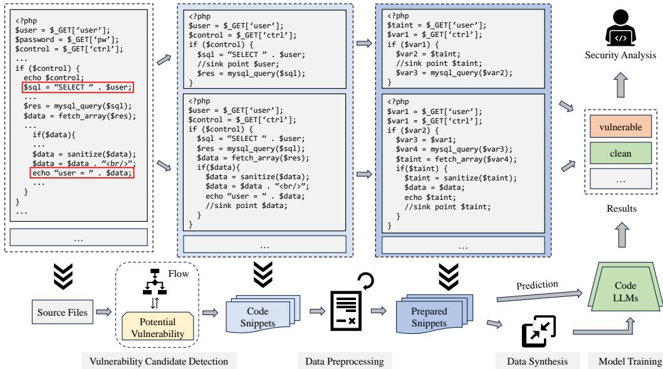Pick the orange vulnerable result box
[620, 127]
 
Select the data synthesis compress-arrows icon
[538, 331]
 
